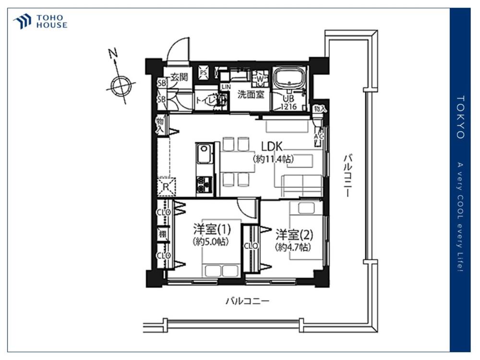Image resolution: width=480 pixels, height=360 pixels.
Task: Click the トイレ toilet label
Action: click(205, 100)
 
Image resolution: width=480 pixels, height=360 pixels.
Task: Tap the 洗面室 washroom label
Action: click(251, 95)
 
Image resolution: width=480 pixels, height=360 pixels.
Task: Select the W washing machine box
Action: click(260, 77)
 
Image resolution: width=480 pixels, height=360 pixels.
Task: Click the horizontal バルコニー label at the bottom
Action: click(247, 301)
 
